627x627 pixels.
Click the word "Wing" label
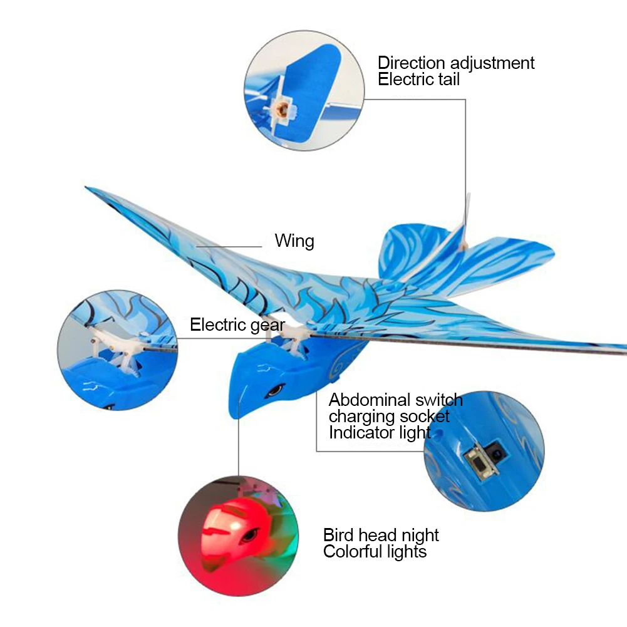click(294, 241)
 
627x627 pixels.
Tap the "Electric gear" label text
click(237, 325)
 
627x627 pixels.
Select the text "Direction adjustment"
click(456, 63)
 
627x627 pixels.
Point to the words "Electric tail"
click(418, 80)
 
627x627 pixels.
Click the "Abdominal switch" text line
click(395, 400)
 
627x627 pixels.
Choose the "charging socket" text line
click(389, 417)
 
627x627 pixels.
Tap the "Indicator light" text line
click(380, 433)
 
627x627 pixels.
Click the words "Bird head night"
click(381, 536)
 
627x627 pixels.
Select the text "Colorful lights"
click(375, 552)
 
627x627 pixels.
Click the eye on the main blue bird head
click(274, 391)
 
